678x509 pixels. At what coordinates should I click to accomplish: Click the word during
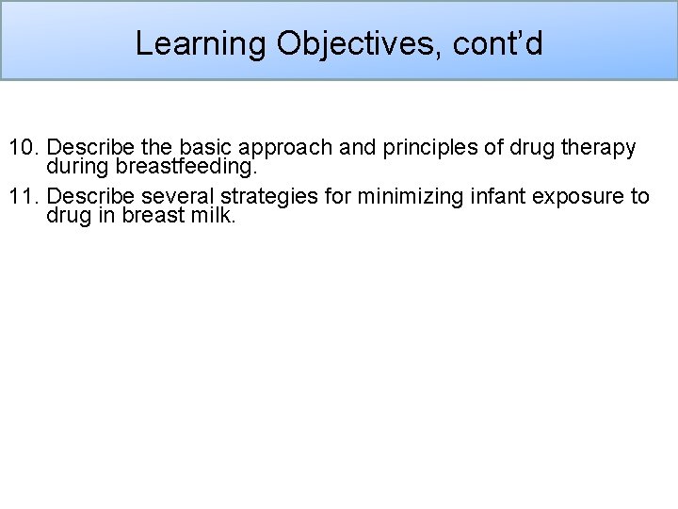point(74,166)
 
